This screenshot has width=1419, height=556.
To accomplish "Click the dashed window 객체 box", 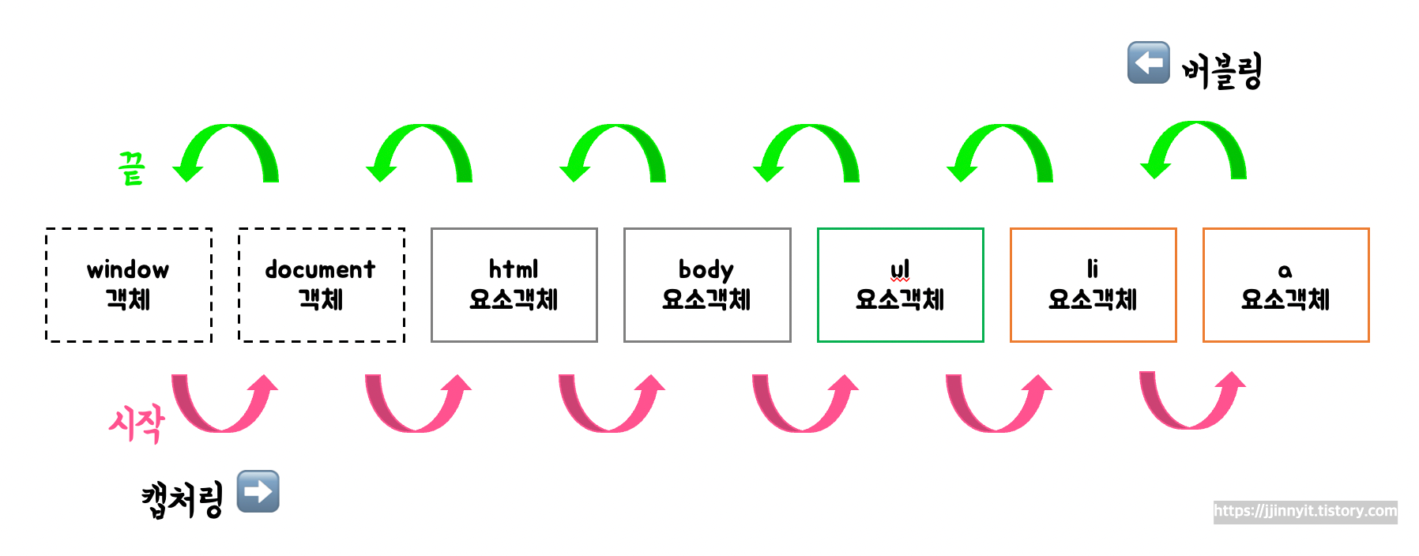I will point(128,285).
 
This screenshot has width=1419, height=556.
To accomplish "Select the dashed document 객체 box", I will point(322,285).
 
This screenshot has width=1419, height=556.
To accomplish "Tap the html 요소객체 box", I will point(514,285).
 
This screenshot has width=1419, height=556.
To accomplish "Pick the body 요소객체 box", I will point(707,285).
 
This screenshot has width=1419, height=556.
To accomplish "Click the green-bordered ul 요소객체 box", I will point(900,285).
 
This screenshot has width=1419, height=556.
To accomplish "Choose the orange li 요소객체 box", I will point(1093,285).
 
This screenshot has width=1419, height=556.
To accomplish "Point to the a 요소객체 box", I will point(1285,285).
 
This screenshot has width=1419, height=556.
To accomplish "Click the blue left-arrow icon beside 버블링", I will point(1148,62).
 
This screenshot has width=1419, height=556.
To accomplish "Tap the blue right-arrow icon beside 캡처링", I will point(258,491).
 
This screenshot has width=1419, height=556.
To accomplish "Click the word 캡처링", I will point(183,500).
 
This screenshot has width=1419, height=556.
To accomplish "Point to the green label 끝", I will point(131,168).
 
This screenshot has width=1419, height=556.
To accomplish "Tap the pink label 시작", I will point(137,423).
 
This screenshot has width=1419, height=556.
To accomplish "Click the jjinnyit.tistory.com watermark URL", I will point(1305,511).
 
